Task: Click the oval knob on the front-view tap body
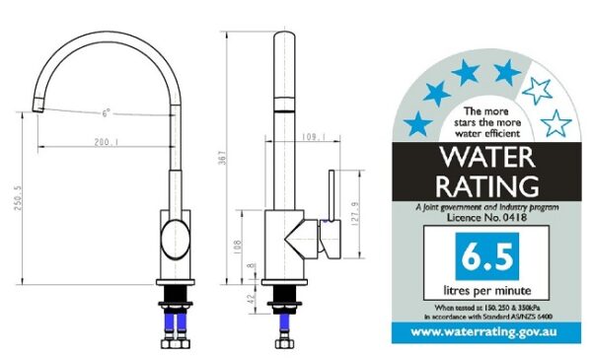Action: point(173,239)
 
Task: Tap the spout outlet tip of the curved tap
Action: point(36,102)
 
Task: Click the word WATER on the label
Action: point(487,156)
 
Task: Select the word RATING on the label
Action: point(487,184)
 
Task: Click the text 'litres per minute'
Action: point(486,290)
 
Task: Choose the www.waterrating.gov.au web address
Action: point(486,332)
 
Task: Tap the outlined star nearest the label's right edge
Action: point(557,123)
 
